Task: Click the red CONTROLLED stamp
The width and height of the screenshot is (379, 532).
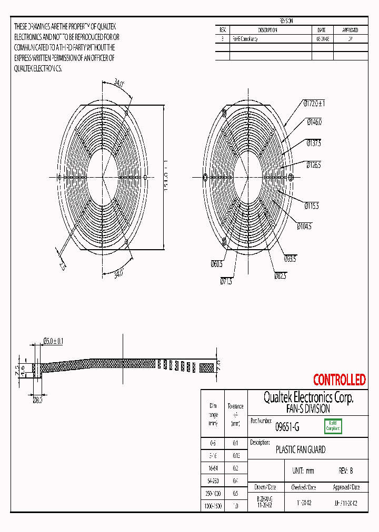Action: coord(339,380)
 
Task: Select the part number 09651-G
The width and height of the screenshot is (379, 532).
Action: coord(287,427)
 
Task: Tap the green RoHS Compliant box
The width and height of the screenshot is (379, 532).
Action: coord(333,426)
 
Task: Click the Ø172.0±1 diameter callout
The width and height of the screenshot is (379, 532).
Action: coord(314,104)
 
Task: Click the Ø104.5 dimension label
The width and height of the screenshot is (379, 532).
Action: coord(304,226)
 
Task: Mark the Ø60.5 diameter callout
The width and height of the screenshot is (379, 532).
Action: coord(217,264)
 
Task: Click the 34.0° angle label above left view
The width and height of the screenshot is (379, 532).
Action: coord(119,83)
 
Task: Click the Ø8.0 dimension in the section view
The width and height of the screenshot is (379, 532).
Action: coord(37,400)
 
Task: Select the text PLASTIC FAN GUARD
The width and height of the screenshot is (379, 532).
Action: coord(301,449)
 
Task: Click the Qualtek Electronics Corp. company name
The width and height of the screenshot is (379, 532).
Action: coord(308,398)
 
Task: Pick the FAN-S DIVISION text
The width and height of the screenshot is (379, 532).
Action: coord(308,408)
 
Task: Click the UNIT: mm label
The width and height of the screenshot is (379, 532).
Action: coord(303,471)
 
